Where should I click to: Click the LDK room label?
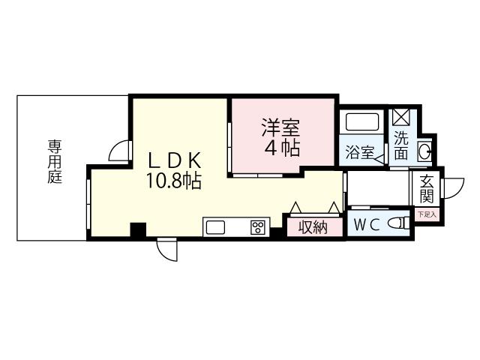click(x=173, y=160)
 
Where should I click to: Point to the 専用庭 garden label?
click(x=55, y=161)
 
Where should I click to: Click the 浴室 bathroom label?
click(x=359, y=152)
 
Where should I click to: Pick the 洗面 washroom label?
click(x=402, y=146)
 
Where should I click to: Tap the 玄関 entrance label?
click(x=427, y=188)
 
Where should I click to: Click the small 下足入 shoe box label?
click(x=426, y=215)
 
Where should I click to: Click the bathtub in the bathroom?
click(x=360, y=122)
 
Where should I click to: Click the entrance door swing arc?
click(x=452, y=187)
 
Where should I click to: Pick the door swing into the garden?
click(x=117, y=152)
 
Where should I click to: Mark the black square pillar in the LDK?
click(x=137, y=230)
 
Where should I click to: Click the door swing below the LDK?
click(x=166, y=250)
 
